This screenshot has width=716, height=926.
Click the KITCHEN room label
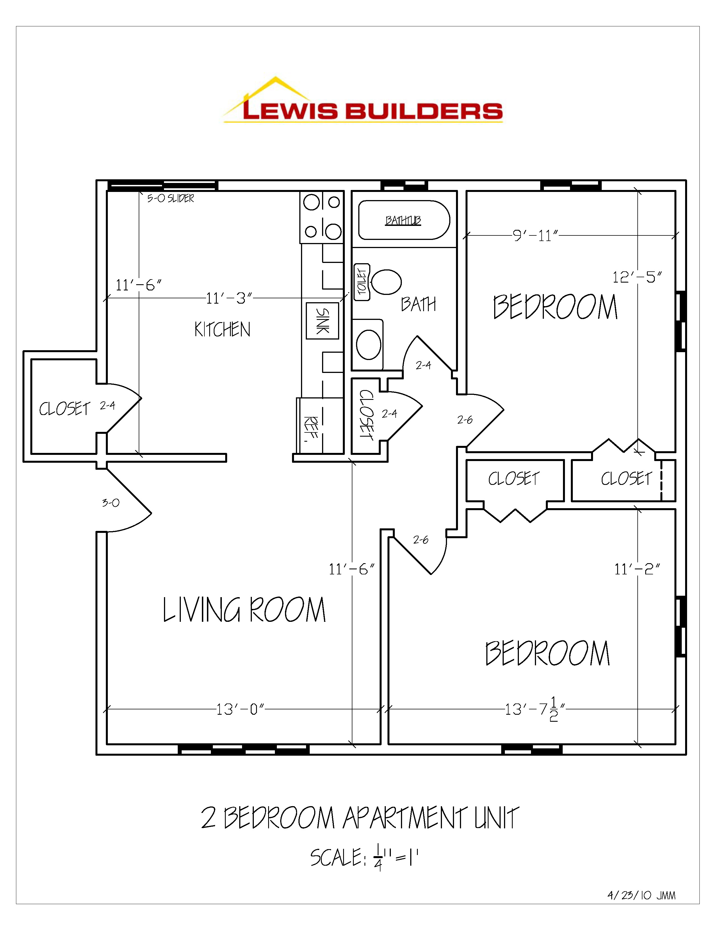(222, 329)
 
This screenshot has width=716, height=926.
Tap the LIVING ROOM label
(244, 610)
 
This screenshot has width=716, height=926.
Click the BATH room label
(418, 304)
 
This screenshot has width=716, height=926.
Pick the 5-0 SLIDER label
(170, 198)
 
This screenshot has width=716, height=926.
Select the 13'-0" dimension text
(240, 709)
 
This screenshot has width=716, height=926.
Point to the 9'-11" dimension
(535, 236)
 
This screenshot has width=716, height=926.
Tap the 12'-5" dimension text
(637, 277)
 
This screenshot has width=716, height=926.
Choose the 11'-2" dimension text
(637, 569)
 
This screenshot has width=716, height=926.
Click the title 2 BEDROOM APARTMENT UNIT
(360, 818)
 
